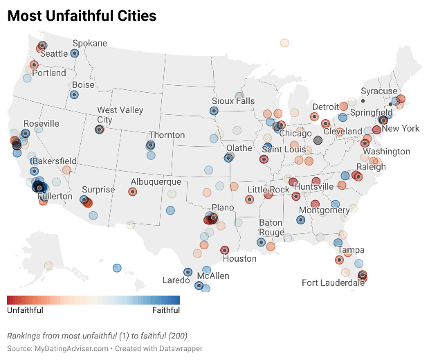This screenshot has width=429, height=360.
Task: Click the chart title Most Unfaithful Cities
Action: [x=82, y=16]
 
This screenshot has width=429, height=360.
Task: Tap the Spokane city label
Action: [x=90, y=43]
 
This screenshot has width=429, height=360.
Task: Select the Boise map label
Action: [x=84, y=85]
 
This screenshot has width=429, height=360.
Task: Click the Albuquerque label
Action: [x=156, y=182]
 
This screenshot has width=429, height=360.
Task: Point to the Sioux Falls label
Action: [x=233, y=101]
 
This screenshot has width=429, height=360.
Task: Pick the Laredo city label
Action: [x=176, y=280]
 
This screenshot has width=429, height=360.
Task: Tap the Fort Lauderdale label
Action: [x=333, y=282]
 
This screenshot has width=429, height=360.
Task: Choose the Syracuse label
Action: [x=379, y=91]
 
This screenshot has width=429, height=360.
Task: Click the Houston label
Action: [x=240, y=259]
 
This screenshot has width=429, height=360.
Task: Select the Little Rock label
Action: [x=268, y=190]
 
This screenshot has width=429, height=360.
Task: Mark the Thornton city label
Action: [x=167, y=135]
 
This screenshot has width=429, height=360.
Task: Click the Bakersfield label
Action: [x=55, y=161]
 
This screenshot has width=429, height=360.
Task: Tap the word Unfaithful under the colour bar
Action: [x=25, y=311]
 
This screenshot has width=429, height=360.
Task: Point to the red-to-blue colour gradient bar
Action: [x=93, y=300]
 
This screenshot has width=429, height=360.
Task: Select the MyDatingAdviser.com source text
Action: [x=71, y=348]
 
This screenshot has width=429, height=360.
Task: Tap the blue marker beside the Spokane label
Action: [x=75, y=53]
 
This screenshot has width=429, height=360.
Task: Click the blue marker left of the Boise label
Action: [x=74, y=95]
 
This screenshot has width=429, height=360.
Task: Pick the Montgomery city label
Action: [x=325, y=210]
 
